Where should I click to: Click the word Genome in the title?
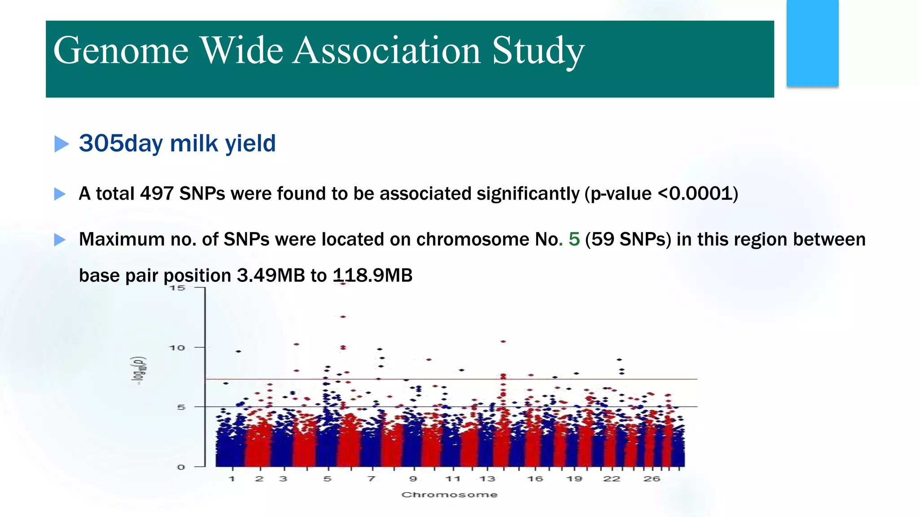120,51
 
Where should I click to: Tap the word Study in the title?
538,51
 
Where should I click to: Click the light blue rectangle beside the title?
812,43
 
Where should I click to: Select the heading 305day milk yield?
177,144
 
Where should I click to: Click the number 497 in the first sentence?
157,194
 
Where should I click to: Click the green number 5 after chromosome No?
574,239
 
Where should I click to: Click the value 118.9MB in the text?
372,276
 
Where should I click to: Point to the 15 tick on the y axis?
178,288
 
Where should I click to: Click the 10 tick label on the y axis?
177,348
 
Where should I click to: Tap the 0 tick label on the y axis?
181,467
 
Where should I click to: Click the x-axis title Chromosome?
449,495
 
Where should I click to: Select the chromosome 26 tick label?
652,479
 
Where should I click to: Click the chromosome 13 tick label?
487,479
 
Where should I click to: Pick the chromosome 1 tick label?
232,479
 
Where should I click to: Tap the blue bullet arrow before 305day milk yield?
61,144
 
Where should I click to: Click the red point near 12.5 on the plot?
343,317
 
